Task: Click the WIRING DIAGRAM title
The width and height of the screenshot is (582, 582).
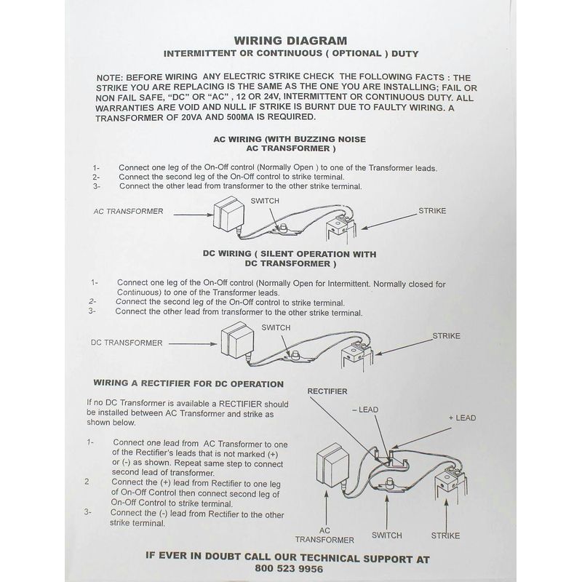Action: (x=290, y=41)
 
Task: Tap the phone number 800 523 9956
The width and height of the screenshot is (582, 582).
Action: (x=289, y=569)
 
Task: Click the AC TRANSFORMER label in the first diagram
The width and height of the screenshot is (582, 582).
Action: (x=129, y=211)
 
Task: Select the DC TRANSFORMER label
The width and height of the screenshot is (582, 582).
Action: (x=127, y=343)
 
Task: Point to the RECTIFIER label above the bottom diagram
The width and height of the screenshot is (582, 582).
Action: (x=327, y=391)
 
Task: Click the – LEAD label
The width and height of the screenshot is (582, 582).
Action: (x=365, y=410)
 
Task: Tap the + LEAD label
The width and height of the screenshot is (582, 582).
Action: (x=462, y=418)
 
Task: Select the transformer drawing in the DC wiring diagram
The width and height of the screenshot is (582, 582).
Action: (x=237, y=340)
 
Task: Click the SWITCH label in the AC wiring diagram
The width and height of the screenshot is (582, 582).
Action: (x=265, y=201)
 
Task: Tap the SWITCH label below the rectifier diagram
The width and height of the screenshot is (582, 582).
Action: (x=387, y=535)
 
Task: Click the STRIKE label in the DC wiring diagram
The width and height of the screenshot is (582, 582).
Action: (x=446, y=336)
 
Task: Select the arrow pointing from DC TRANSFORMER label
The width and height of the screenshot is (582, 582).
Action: (x=193, y=343)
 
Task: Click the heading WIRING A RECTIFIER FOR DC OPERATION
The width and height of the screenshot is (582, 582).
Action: (x=188, y=383)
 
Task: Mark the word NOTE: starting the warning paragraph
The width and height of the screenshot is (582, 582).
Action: (x=110, y=78)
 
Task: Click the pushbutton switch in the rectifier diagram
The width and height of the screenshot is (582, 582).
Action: (x=388, y=485)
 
